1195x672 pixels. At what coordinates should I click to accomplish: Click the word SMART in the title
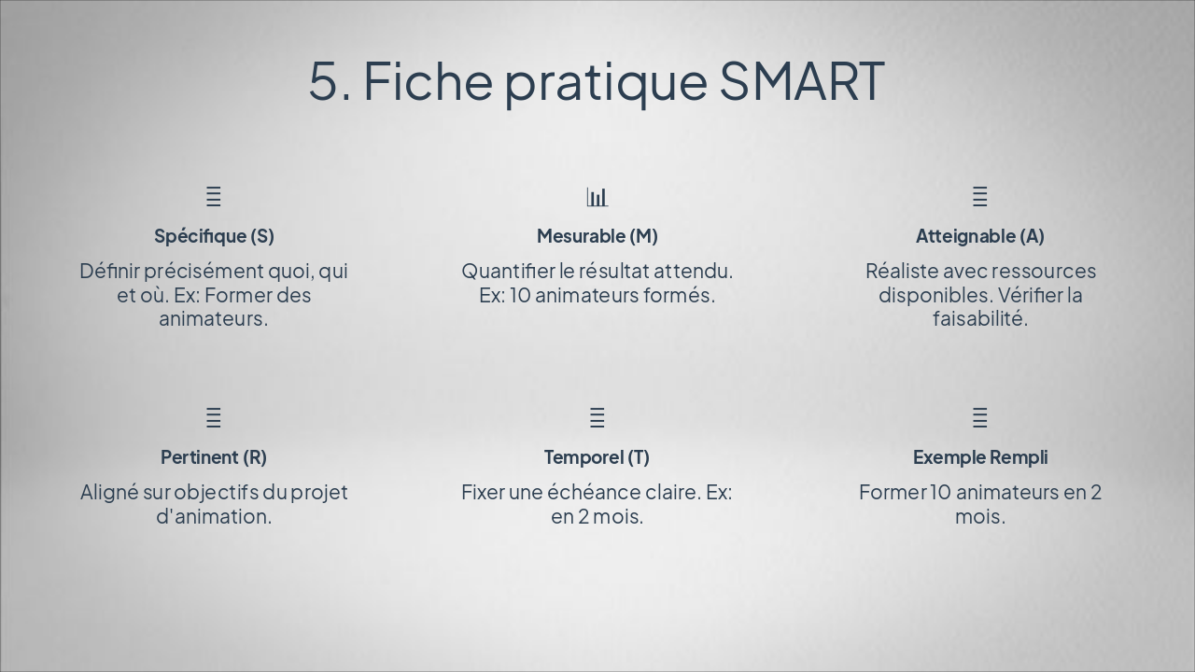click(x=802, y=81)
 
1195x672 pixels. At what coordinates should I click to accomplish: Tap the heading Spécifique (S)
click(x=214, y=236)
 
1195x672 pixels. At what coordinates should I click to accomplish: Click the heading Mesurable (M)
click(x=597, y=236)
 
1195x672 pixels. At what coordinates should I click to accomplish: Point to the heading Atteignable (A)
click(x=980, y=236)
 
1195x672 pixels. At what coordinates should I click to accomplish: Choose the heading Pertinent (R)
click(x=214, y=457)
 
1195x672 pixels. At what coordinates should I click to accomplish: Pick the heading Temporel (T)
click(x=597, y=457)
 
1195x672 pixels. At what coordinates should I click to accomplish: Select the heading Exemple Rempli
click(x=980, y=457)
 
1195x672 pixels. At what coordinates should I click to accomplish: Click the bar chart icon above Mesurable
click(x=597, y=197)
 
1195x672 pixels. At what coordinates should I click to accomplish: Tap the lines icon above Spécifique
click(x=214, y=197)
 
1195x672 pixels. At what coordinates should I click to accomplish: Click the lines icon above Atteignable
click(x=980, y=197)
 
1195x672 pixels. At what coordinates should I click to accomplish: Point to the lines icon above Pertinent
click(x=214, y=417)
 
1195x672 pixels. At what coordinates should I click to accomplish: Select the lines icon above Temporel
click(x=597, y=417)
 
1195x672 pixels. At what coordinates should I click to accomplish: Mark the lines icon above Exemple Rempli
click(x=980, y=417)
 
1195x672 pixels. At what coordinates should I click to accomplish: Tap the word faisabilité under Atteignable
click(x=980, y=318)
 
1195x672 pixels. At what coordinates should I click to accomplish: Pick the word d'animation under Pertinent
click(x=214, y=516)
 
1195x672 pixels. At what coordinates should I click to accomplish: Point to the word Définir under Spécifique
click(x=109, y=271)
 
